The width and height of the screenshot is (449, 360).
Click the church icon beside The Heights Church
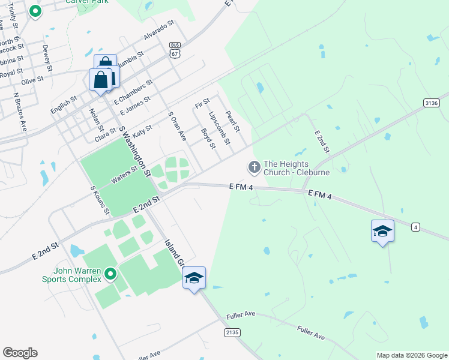click(x=255, y=166)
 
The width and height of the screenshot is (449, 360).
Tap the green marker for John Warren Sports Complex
click(x=110, y=275)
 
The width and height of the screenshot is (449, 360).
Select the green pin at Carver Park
click(x=35, y=11)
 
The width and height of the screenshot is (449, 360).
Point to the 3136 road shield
click(x=432, y=103)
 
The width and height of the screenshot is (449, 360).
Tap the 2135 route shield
click(x=232, y=332)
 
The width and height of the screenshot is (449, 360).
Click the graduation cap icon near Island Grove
click(x=194, y=278)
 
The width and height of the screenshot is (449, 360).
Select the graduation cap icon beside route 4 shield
click(x=382, y=231)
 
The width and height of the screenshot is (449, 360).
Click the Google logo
click(x=20, y=353)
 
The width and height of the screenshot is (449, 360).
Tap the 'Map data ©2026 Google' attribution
click(x=411, y=355)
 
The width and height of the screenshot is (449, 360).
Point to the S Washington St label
click(x=135, y=151)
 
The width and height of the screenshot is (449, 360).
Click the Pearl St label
click(x=232, y=122)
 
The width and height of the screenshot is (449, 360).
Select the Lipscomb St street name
click(x=218, y=127)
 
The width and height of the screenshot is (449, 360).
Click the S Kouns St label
click(x=100, y=200)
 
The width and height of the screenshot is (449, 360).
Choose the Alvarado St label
click(x=158, y=31)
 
